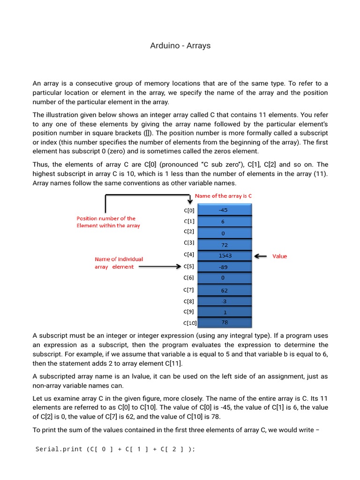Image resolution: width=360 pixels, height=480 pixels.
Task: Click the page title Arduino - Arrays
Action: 180,45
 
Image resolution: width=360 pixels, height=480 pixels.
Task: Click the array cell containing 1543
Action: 225,256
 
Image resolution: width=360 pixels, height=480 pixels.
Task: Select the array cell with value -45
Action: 225,210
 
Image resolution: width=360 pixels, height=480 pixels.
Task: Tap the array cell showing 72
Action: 225,245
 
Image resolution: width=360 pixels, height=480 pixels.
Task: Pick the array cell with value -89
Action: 225,267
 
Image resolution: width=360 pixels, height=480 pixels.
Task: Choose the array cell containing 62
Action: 225,290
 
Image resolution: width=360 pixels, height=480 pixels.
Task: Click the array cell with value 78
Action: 225,322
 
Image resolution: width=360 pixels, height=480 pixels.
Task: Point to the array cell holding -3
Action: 225,301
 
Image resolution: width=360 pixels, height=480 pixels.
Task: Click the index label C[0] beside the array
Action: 189,210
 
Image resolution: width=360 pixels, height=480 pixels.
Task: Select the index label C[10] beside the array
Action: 190,323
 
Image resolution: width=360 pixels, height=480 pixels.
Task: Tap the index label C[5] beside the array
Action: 189,267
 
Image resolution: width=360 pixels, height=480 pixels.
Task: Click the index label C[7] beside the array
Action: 189,290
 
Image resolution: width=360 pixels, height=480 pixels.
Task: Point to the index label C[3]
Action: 189,242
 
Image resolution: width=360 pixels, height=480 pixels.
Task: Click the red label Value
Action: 279,256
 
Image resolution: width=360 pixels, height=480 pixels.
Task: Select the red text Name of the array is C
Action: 223,196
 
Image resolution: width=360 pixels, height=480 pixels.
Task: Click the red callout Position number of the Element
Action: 108,222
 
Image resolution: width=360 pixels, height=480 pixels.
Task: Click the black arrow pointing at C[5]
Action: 159,267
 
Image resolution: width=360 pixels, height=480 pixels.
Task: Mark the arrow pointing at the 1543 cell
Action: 261,256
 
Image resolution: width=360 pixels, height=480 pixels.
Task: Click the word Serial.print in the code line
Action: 59,449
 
